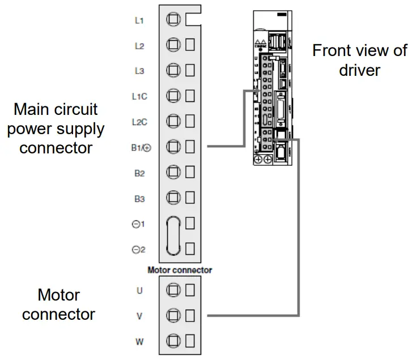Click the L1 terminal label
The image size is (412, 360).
[139, 20]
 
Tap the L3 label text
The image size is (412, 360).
[139, 71]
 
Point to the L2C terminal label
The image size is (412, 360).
[139, 122]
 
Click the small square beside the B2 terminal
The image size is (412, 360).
[190, 172]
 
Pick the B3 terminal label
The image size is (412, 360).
[139, 198]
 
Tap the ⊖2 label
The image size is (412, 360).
[139, 249]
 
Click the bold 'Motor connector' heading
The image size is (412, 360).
[180, 270]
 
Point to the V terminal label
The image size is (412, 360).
[139, 316]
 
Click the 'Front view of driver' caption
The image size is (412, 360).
[359, 60]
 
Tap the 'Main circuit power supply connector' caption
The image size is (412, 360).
[59, 128]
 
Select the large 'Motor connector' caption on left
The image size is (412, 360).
[59, 305]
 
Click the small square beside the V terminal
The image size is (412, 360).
[190, 316]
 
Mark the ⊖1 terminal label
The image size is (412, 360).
[139, 224]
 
